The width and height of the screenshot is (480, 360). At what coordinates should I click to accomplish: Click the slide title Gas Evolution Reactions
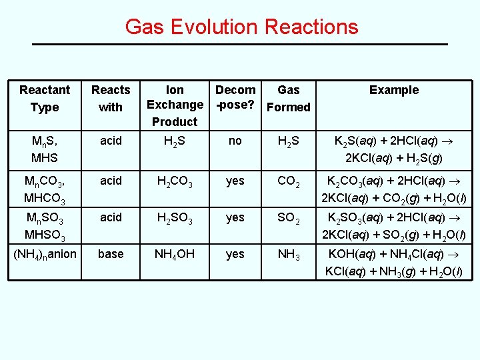[241, 27]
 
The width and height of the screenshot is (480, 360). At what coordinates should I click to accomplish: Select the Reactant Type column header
[44, 98]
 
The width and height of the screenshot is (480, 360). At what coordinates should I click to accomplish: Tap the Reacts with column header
[111, 98]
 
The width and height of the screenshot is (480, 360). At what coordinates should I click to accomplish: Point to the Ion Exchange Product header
[175, 105]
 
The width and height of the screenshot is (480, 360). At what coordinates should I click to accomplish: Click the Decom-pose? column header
[235, 97]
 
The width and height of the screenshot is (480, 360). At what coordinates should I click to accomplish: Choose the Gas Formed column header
[288, 98]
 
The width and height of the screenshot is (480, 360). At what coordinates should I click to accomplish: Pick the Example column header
[394, 90]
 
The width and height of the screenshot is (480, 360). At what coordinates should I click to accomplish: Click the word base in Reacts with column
[111, 254]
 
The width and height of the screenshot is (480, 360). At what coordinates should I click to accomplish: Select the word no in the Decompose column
[235, 142]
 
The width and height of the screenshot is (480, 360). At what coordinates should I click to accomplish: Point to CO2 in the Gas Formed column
[289, 181]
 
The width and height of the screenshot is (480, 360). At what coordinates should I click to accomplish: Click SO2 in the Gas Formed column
[289, 218]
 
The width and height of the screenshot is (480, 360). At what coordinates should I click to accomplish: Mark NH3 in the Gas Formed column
[289, 255]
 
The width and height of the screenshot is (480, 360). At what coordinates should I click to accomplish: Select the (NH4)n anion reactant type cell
[45, 255]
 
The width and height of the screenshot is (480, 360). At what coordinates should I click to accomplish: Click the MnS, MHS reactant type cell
[45, 150]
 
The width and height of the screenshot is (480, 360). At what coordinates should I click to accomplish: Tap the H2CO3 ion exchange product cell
[175, 181]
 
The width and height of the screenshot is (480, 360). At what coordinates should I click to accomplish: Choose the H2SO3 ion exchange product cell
[175, 218]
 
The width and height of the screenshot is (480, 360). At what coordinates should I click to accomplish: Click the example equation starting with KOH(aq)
[394, 263]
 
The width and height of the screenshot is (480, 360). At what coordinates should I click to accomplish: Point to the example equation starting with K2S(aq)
[394, 150]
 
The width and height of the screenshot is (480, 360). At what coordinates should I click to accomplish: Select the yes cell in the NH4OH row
[235, 254]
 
